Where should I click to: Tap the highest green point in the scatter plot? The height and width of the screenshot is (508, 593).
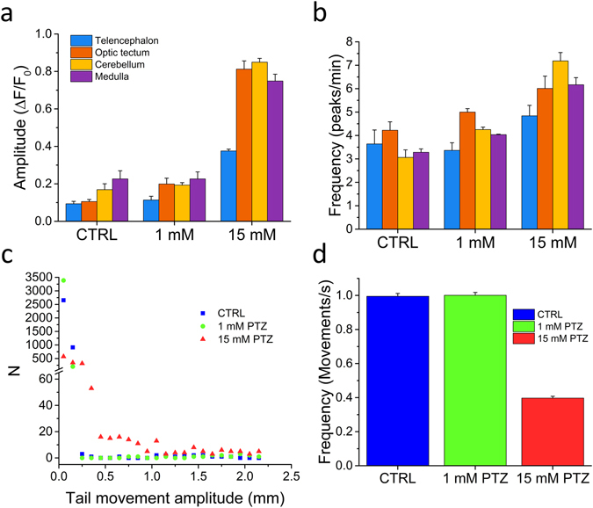click(63, 280)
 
